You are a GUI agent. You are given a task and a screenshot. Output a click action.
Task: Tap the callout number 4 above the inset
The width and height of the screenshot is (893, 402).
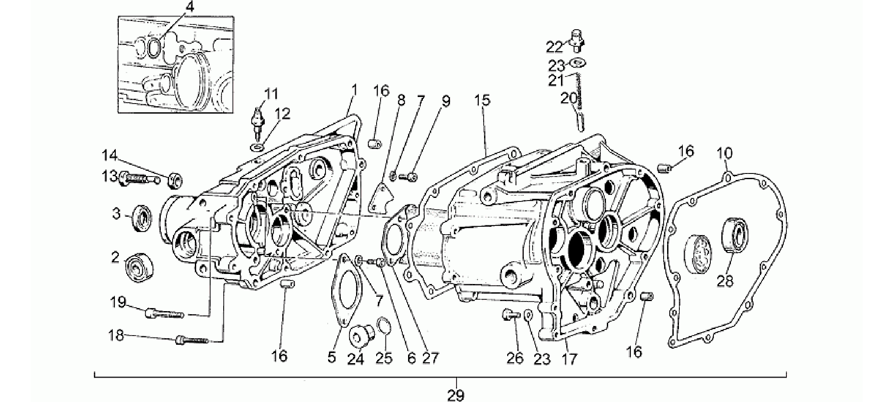(189, 7)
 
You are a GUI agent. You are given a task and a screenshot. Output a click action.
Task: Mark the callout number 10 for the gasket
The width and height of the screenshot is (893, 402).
(725, 153)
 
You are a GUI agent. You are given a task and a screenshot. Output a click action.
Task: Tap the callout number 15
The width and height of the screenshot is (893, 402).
(483, 100)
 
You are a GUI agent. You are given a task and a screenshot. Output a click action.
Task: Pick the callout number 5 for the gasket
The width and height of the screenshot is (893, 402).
(332, 358)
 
